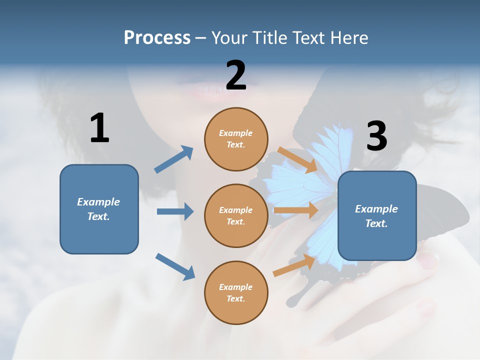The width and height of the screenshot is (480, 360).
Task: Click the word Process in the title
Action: (157, 38)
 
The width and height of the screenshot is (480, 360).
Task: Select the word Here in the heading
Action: (348, 38)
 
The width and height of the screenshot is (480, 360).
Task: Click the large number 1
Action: (99, 128)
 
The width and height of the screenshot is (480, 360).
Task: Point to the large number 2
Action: (236, 75)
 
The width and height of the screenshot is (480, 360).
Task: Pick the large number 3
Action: (376, 136)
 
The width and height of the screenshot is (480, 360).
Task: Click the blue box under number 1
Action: (99, 209)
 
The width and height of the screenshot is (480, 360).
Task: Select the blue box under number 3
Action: (377, 216)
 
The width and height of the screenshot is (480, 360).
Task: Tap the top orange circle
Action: (236, 139)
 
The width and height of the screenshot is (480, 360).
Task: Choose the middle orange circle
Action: (236, 215)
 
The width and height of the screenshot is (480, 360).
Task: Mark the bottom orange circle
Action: (236, 292)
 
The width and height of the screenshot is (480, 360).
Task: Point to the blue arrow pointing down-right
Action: (175, 266)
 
